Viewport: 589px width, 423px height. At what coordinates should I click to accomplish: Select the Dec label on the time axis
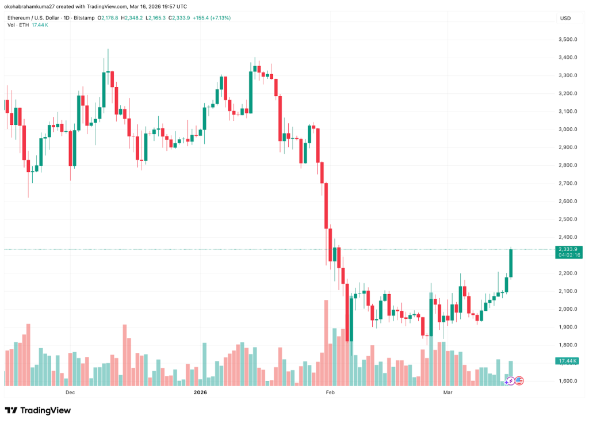pos(70,392)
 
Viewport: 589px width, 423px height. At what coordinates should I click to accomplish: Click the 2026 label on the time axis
pos(200,392)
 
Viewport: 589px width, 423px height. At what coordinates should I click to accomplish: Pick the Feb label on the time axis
pos(330,392)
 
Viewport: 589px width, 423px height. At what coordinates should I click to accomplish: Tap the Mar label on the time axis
pos(448,392)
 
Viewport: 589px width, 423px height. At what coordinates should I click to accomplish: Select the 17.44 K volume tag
pos(567,361)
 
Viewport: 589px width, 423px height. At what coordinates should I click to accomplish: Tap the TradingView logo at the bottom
pos(38,410)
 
